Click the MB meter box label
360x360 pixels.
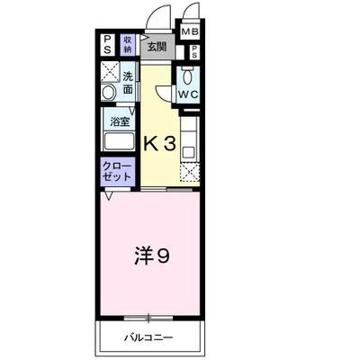tap(191, 31)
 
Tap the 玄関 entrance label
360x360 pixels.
tap(157, 47)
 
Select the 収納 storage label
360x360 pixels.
tap(128, 44)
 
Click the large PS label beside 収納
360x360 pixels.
tap(107, 44)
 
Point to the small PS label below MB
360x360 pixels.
tap(194, 51)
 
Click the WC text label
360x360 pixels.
tap(188, 94)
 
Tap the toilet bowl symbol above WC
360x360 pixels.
tap(188, 76)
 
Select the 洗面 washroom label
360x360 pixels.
tap(128, 83)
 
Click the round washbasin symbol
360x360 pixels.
tap(108, 92)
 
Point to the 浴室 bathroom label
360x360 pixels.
tap(120, 121)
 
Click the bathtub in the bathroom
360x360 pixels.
tap(119, 141)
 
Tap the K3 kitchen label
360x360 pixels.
tap(159, 144)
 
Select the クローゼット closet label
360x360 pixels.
tap(117, 172)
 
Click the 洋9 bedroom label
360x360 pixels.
tap(151, 256)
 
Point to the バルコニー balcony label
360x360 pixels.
tap(148, 337)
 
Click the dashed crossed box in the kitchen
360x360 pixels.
tap(190, 173)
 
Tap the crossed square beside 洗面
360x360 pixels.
tap(110, 71)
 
